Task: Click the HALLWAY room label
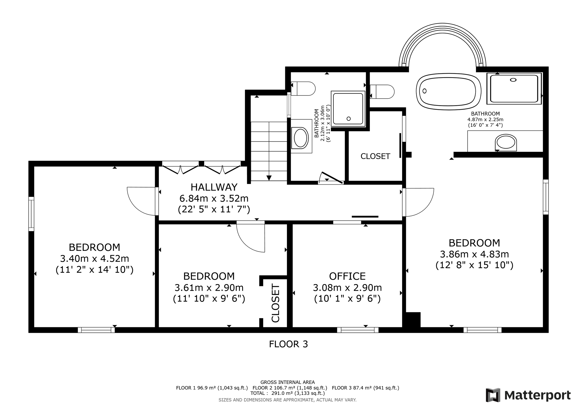[x=214, y=187]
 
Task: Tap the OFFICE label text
[x=347, y=276]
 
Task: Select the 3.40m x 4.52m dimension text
[x=94, y=258]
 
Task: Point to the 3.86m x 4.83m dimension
[x=475, y=254]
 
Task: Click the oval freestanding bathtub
[x=449, y=91]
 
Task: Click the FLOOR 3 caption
[x=288, y=344]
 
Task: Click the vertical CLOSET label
[x=276, y=303]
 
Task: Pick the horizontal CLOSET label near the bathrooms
[x=375, y=156]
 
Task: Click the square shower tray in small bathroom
[x=348, y=108]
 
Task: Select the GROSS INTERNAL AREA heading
[x=288, y=382]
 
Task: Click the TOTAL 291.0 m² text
[x=288, y=393]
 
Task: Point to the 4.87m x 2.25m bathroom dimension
[x=485, y=120]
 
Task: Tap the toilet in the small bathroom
[x=303, y=88]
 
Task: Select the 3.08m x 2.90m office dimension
[x=347, y=288]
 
